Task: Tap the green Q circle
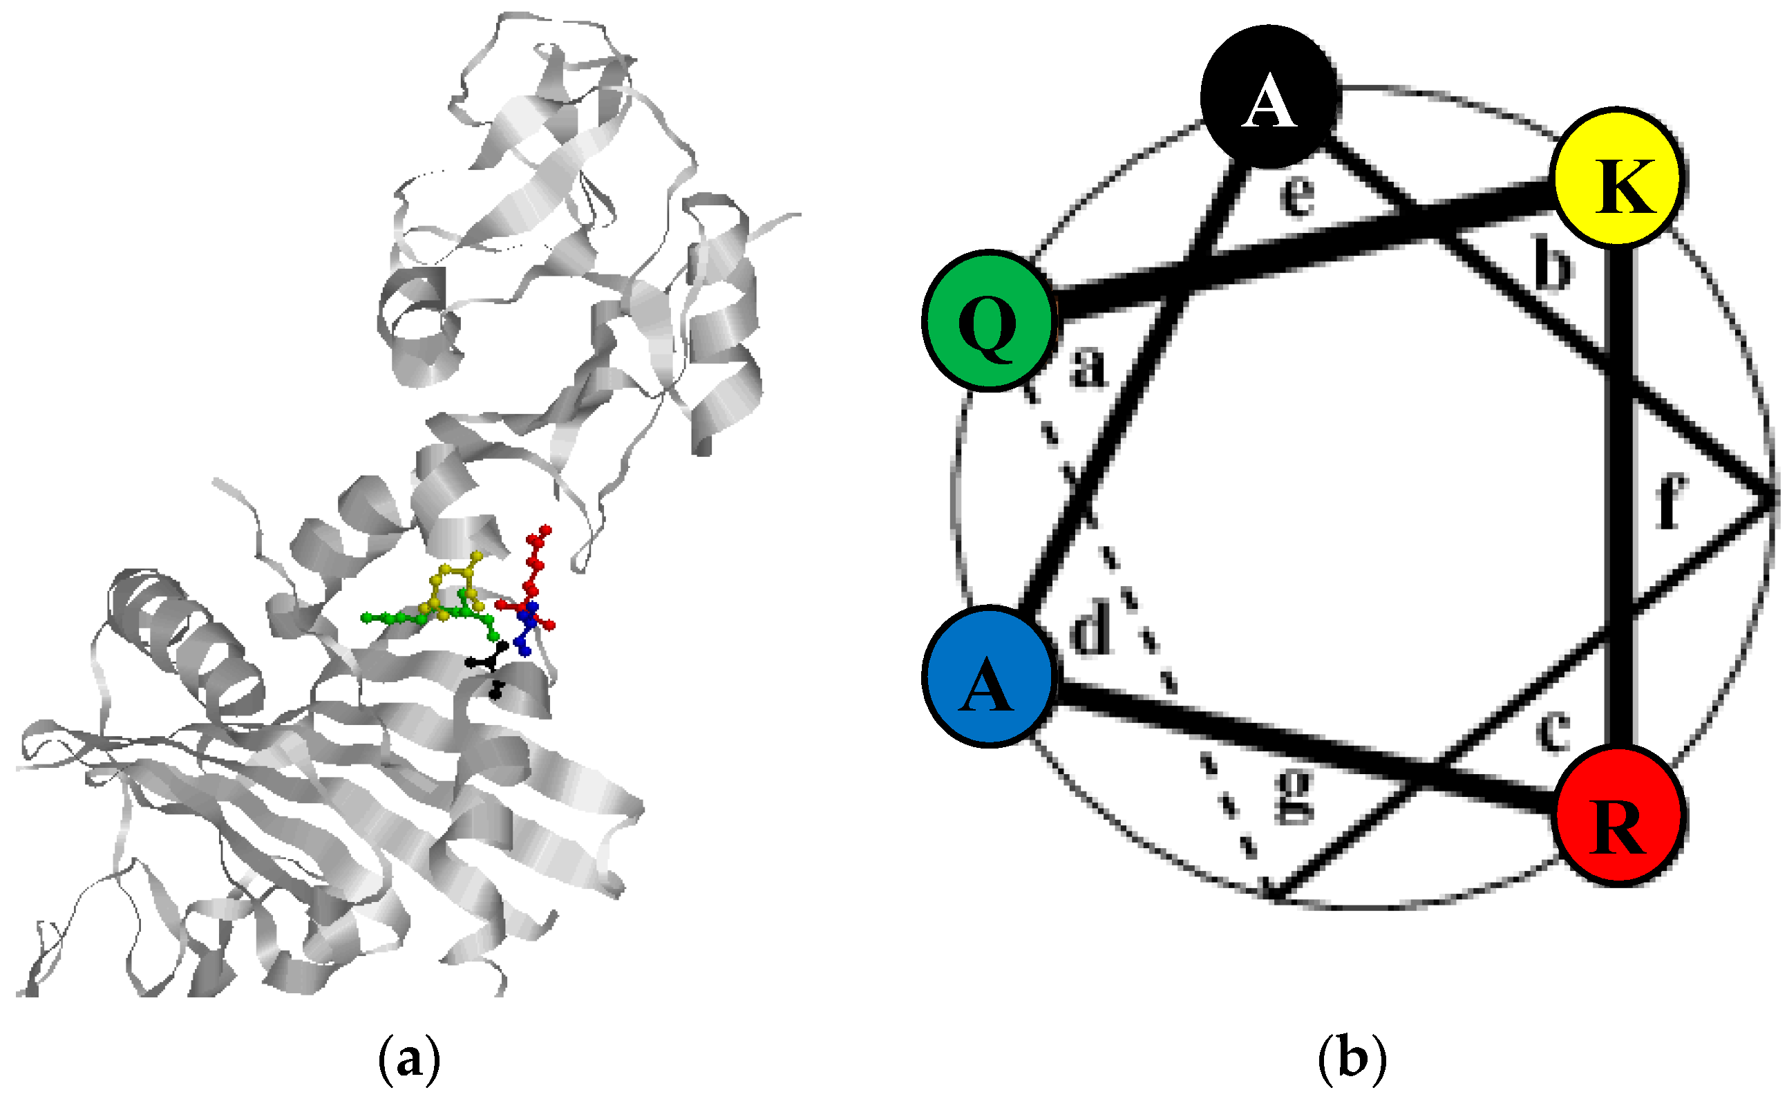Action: coord(989,321)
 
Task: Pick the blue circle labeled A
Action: coord(989,676)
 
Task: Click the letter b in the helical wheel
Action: coord(1552,262)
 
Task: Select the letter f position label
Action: coord(1670,502)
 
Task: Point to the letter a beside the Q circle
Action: coord(1088,366)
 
